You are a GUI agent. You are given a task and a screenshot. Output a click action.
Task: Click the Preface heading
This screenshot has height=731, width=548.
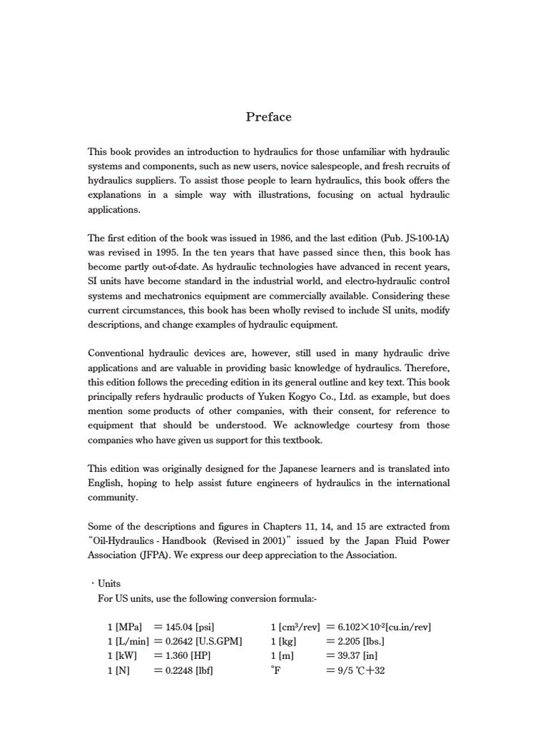[268, 117]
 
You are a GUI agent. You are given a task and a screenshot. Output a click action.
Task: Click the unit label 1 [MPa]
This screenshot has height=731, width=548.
[124, 627]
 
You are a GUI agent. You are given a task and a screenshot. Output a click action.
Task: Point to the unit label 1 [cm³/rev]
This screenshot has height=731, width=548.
[293, 627]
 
